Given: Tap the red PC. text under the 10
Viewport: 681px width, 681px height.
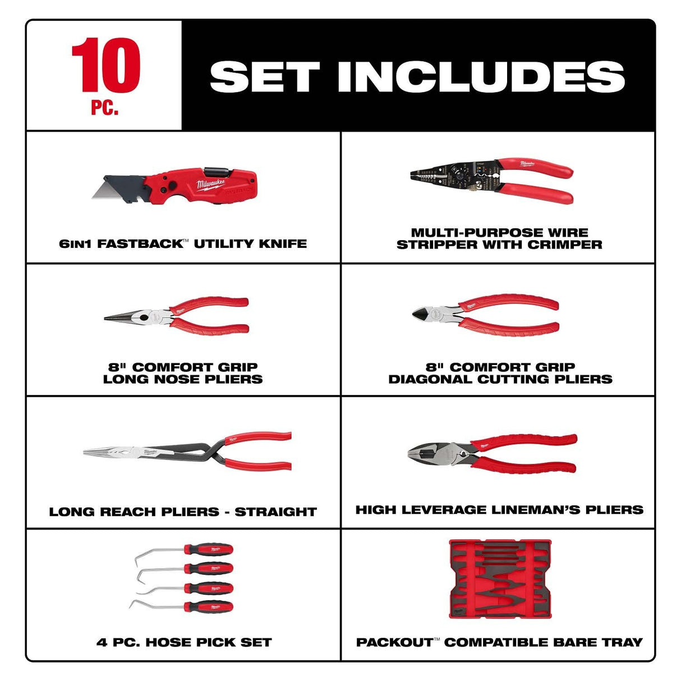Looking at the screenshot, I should tap(105, 107).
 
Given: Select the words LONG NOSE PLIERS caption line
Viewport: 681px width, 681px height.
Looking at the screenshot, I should tap(183, 379).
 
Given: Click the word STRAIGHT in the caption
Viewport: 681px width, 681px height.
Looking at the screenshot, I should tap(275, 512).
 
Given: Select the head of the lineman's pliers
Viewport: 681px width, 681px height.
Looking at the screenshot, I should tap(432, 452).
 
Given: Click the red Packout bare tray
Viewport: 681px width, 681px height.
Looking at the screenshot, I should tap(500, 579).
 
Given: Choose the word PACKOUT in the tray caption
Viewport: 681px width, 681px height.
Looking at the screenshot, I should tap(394, 642).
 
